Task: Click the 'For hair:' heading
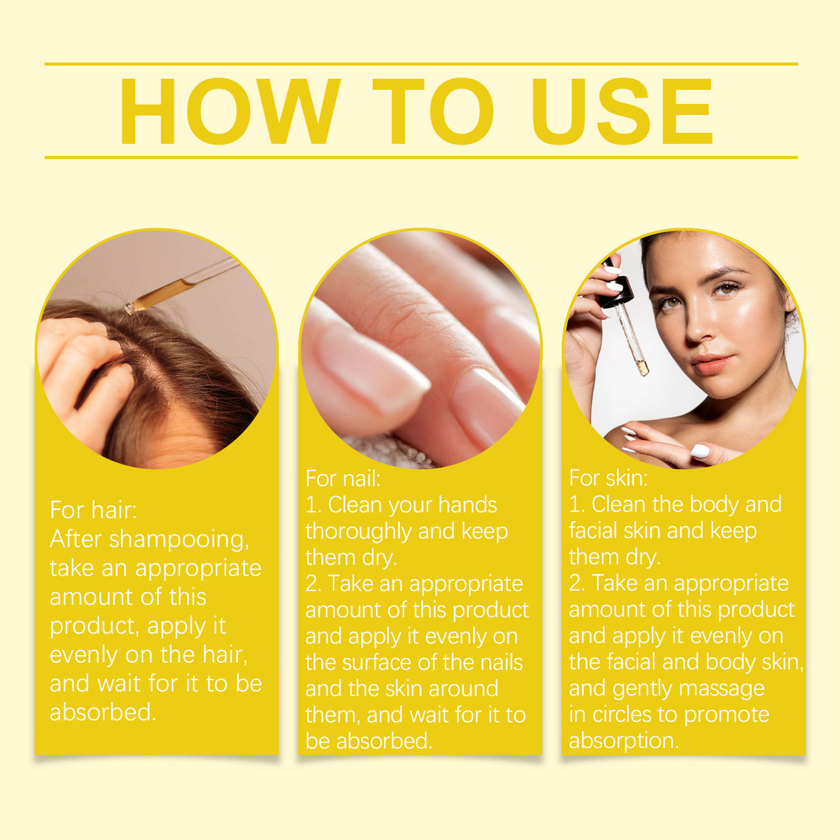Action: [93, 510]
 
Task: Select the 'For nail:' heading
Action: [343, 478]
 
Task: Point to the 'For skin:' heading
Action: [608, 477]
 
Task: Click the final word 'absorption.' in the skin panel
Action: [623, 741]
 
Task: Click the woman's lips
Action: [712, 363]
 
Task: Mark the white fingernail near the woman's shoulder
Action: [700, 451]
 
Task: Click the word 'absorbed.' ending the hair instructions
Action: [102, 712]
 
